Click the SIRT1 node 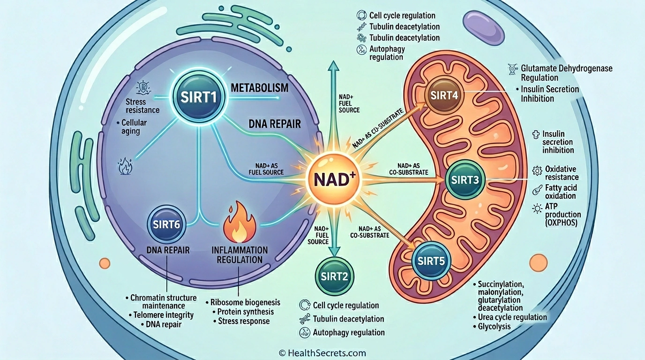coord(199,97)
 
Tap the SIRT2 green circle coord(335,276)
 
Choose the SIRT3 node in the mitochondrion coord(464,180)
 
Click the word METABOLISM coord(266,88)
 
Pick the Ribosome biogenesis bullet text coord(245,302)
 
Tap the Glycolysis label coord(494,326)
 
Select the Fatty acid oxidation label coord(561,191)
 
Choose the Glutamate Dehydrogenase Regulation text coord(566,73)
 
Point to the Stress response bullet coord(244,321)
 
